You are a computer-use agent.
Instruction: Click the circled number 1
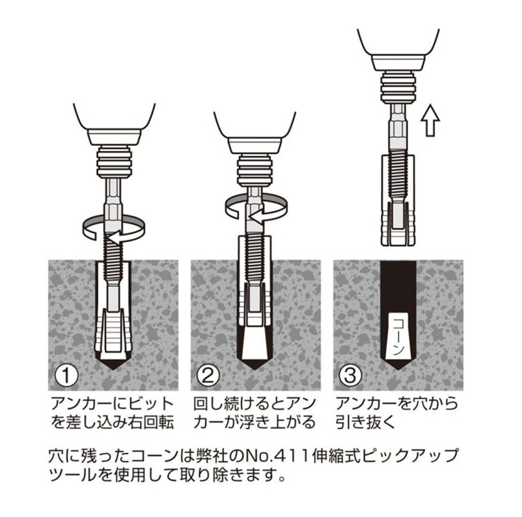coord(67,376)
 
